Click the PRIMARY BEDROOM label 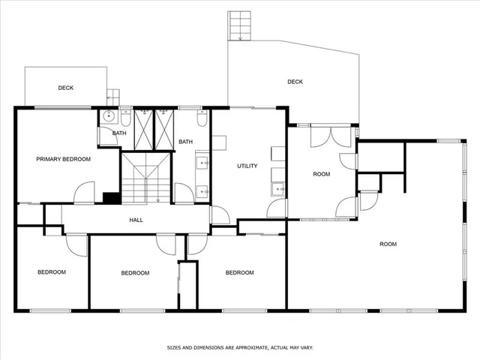(64, 159)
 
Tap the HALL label (136, 220)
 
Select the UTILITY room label (247, 166)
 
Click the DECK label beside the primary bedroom (66, 88)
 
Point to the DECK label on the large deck (295, 82)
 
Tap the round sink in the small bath (109, 116)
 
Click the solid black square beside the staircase (111, 198)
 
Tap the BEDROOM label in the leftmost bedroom (52, 271)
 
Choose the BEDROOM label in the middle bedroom (135, 272)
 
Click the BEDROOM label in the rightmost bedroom (240, 272)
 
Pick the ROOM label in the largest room (388, 244)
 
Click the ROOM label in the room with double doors (321, 174)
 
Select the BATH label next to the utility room (185, 142)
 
